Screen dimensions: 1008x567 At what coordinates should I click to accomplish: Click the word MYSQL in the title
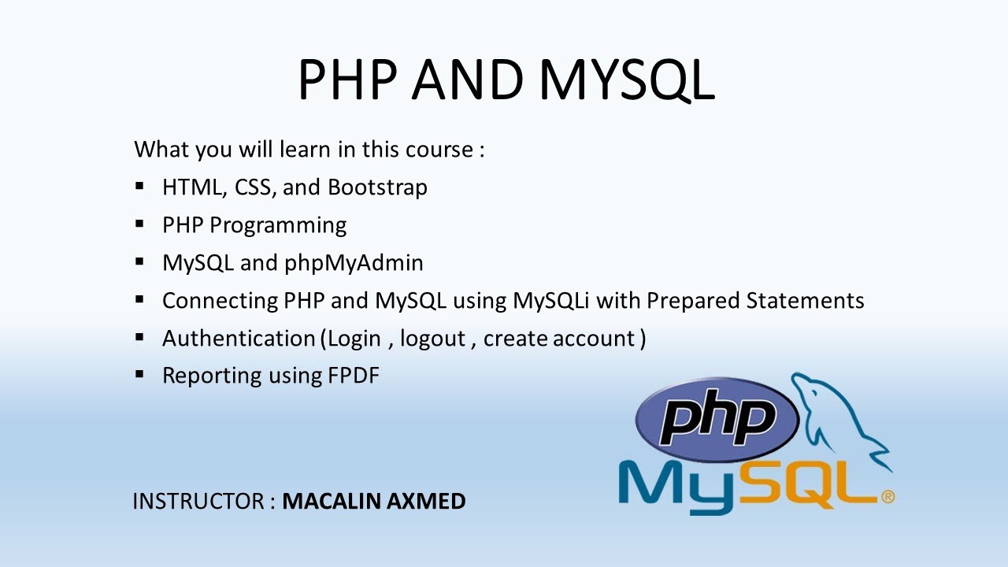tap(627, 80)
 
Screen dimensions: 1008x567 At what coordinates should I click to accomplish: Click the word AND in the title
tap(468, 80)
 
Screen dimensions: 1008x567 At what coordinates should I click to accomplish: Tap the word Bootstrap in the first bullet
tap(377, 187)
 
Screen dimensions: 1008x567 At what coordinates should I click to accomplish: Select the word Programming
tap(278, 226)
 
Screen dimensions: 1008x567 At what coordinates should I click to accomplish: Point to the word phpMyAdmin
tap(354, 263)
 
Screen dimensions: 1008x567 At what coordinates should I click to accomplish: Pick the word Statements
tap(805, 301)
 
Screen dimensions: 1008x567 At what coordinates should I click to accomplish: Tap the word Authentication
tap(239, 339)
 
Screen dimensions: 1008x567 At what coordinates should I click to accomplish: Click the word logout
tap(432, 339)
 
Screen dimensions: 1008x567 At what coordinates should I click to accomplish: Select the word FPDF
tap(354, 376)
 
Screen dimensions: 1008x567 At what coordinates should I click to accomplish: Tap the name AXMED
tap(426, 502)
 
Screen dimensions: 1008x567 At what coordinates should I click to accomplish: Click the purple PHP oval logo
tap(717, 420)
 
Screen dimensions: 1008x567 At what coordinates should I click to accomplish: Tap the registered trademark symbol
tap(888, 497)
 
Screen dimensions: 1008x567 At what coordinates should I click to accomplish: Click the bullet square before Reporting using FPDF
tap(139, 374)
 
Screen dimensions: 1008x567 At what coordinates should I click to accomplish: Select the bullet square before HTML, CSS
tap(139, 185)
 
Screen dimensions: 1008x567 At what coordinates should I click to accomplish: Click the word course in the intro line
tap(439, 150)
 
